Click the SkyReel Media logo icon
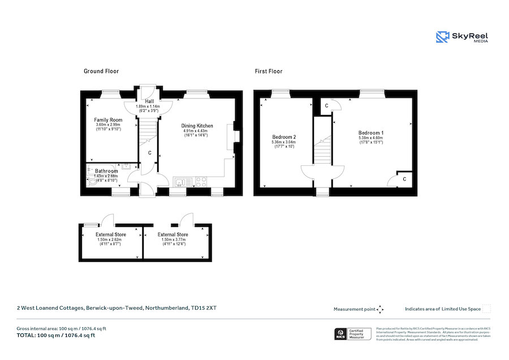[442, 37]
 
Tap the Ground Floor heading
[101, 71]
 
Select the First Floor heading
[268, 71]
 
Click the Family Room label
[108, 120]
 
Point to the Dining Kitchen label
[197, 126]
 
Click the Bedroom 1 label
[371, 132]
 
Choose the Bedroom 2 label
[284, 137]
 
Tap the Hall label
[149, 101]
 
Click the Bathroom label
[106, 171]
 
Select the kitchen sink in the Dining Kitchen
[180, 182]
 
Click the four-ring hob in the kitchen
[200, 182]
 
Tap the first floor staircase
[322, 149]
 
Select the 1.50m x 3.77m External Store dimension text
[174, 239]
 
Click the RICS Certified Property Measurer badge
[353, 334]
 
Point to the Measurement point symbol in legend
[380, 309]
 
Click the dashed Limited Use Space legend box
[486, 309]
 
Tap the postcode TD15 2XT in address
[204, 308]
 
